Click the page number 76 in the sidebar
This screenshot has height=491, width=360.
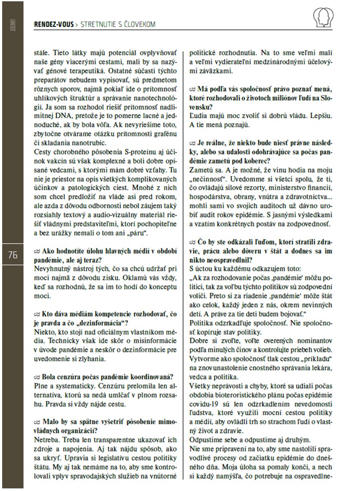point(12,255)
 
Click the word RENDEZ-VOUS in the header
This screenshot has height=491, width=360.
point(53,25)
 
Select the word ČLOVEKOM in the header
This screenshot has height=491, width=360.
point(137,25)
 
